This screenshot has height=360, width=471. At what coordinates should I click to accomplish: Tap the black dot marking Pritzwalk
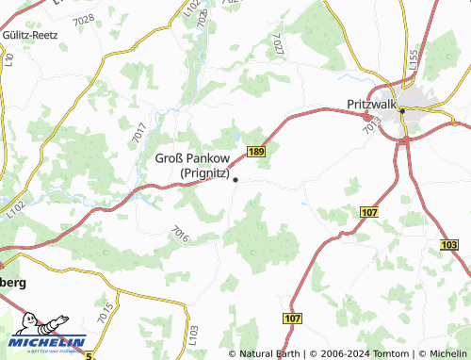pyautogui.click(x=401, y=110)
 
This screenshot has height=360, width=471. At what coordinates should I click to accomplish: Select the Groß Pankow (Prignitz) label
pyautogui.click(x=192, y=166)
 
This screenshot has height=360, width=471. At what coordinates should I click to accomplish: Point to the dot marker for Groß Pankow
pyautogui.click(x=235, y=179)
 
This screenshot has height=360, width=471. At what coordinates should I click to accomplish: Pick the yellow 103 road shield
pyautogui.click(x=449, y=243)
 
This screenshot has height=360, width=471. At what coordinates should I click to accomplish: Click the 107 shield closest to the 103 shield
pyautogui.click(x=368, y=214)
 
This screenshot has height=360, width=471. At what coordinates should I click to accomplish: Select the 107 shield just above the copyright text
pyautogui.click(x=292, y=319)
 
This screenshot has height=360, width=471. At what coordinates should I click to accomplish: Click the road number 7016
pyautogui.click(x=181, y=233)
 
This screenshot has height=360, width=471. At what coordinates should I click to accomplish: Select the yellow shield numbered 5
pyautogui.click(x=89, y=355)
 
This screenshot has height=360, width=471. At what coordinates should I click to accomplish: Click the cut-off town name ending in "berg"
pyautogui.click(x=13, y=283)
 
